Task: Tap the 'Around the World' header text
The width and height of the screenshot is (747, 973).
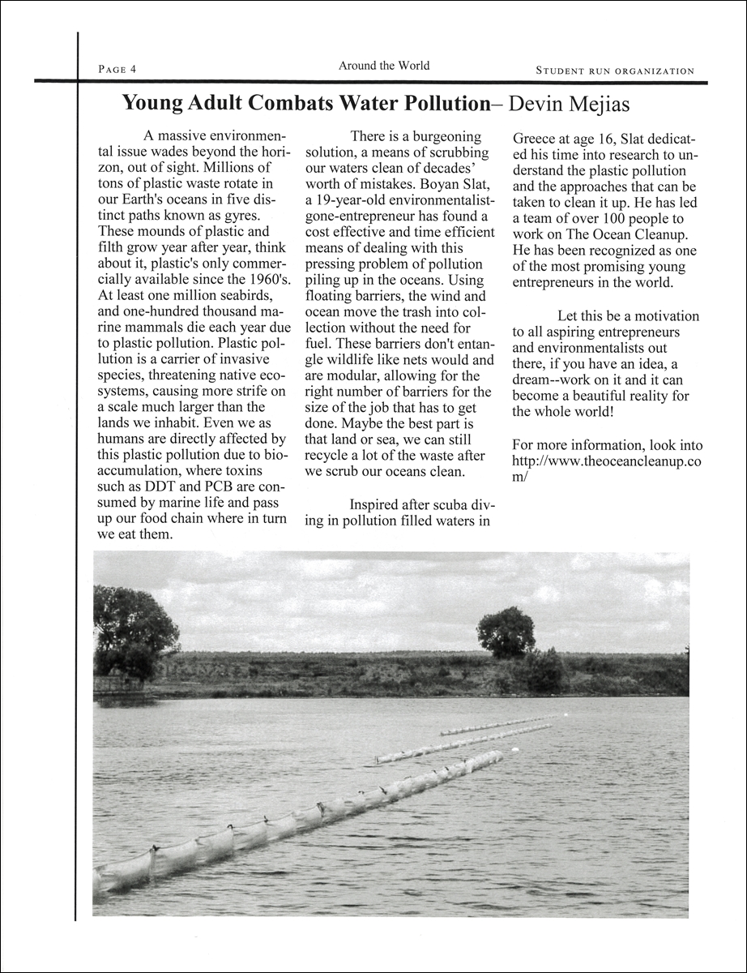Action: pyautogui.click(x=384, y=66)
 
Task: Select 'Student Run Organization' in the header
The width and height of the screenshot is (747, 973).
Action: pyautogui.click(x=615, y=71)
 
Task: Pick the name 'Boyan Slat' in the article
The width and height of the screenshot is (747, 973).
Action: pyautogui.click(x=452, y=184)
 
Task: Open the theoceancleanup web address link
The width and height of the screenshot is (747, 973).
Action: pyautogui.click(x=608, y=462)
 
